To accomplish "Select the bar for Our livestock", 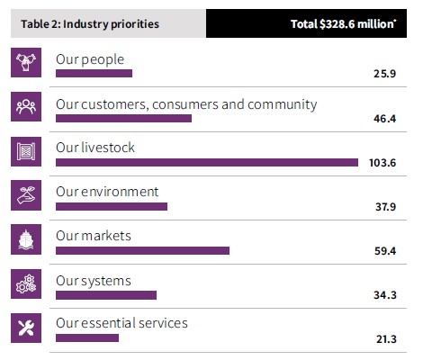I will (x=206, y=163).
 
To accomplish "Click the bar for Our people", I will (x=94, y=74).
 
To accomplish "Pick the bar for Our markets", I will (x=142, y=251).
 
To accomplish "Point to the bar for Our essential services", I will (x=87, y=338).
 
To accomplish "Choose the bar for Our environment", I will (x=112, y=207).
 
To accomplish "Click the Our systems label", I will (x=93, y=281).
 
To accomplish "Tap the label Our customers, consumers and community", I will (x=186, y=104).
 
